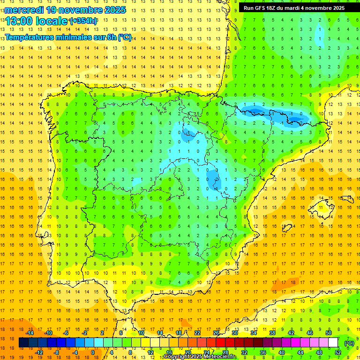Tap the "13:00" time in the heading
pyautogui.click(x=19, y=21)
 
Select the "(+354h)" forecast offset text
pyautogui.click(x=83, y=21)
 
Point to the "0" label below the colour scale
pyautogui.click(x=93, y=352)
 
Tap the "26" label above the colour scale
pyautogui.click(x=216, y=333)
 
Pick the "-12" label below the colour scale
pyautogui.click(x=39, y=352)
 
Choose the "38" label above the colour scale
pyautogui.click(x=272, y=333)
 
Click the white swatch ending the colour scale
pyautogui.click(x=333, y=343)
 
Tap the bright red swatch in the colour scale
pyautogui.click(x=220, y=343)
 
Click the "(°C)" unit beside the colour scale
pyautogui.click(x=349, y=343)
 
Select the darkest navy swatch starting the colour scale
pyautogui.click(x=23, y=343)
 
